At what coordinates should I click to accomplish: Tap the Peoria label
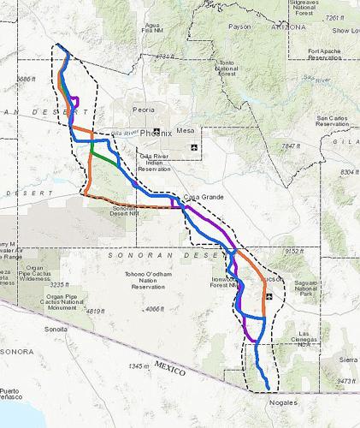coord(144,110)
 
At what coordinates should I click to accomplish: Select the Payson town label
coord(240,26)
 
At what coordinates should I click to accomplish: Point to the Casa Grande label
coord(204,197)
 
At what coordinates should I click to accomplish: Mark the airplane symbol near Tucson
coord(270,296)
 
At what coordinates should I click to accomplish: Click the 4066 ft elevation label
coord(154,309)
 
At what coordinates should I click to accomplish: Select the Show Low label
coord(345,30)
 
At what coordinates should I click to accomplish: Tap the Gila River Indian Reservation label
coord(155,163)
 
